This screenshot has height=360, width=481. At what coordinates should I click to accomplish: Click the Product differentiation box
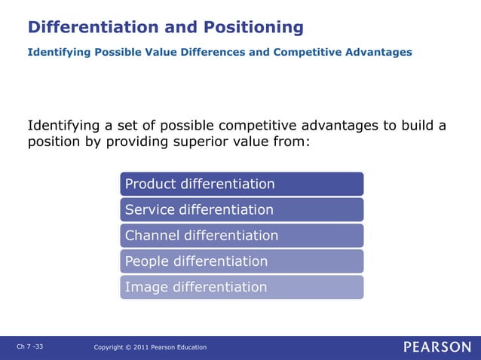tap(241, 184)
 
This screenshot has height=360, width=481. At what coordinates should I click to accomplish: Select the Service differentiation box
tap(241, 209)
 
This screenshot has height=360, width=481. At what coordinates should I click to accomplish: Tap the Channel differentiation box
tap(241, 235)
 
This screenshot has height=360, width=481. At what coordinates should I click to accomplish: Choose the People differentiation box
tap(241, 261)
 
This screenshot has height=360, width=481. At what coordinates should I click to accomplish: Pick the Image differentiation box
tap(241, 287)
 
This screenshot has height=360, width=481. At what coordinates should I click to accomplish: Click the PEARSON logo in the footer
tap(437, 346)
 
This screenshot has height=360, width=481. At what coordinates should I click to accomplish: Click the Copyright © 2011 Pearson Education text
tap(150, 347)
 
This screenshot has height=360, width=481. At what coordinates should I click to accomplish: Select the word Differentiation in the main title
tap(93, 28)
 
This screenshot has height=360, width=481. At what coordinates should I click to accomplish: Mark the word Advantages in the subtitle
tap(380, 52)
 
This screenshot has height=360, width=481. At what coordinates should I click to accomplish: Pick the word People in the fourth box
tap(148, 261)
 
